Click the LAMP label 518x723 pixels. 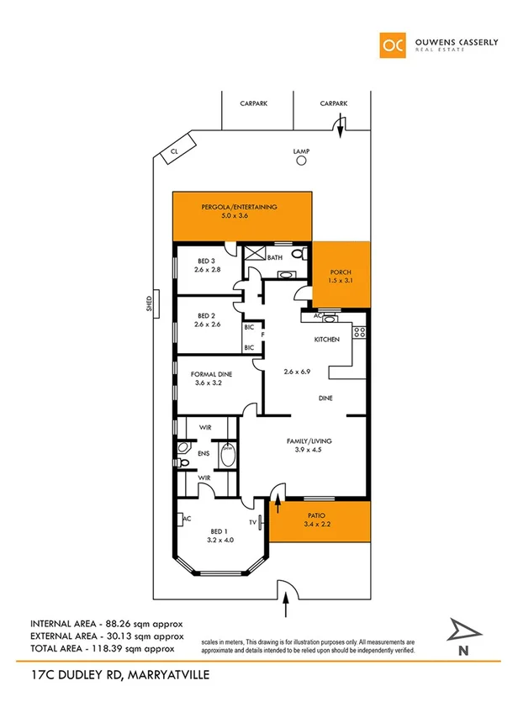point(301,151)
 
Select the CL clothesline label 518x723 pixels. point(175,150)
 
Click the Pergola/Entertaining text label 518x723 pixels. point(239,207)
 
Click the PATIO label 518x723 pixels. point(316,515)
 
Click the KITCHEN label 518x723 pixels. point(326,340)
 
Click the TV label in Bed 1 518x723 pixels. point(251,522)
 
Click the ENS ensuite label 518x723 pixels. point(203,454)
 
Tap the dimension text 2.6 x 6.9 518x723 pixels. point(298,371)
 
